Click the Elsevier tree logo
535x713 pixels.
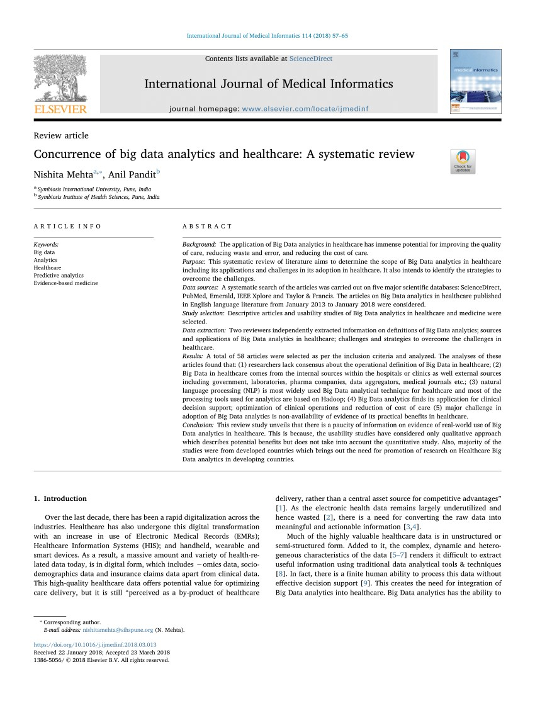click(x=60, y=79)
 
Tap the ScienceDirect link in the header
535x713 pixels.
click(x=311, y=59)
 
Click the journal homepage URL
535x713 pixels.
click(x=305, y=109)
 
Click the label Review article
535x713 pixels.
click(x=61, y=135)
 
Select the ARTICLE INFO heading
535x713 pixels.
click(x=67, y=226)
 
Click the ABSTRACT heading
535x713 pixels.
click(x=207, y=226)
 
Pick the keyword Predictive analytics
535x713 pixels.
click(x=59, y=276)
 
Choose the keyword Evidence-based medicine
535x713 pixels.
click(x=66, y=283)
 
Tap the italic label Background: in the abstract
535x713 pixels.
click(x=200, y=244)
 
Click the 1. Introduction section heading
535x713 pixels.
click(x=60, y=498)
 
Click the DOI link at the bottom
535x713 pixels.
click(x=95, y=645)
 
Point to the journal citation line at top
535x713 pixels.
click(x=267, y=36)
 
